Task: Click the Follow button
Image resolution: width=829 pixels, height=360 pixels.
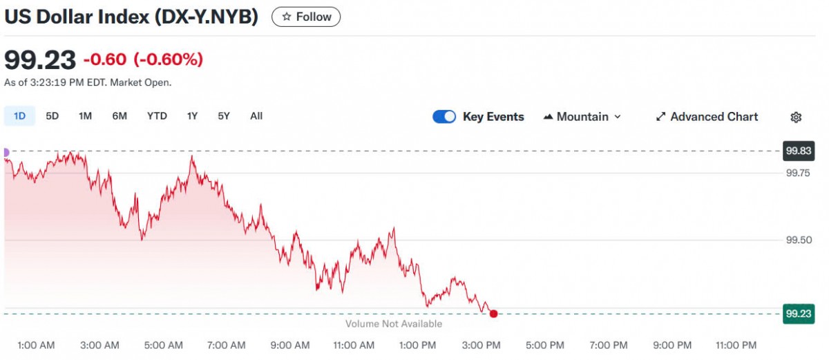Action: coord(306,17)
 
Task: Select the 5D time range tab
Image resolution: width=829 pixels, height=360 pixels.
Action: coord(53,116)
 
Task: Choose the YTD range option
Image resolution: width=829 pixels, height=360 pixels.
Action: coord(157,116)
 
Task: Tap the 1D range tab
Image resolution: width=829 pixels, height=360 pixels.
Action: coord(20,116)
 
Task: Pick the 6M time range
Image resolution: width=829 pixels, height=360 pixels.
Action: coord(120,116)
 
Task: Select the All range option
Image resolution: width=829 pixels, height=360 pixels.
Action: coord(256,116)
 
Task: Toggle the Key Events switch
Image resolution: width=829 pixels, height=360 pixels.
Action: coord(444,117)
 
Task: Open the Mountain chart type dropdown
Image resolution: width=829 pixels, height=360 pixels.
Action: coord(582,117)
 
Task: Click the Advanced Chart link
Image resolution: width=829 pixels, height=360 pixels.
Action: coord(707,117)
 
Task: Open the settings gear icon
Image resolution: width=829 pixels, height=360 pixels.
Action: coord(796,117)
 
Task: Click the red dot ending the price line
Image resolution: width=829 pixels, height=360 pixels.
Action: coord(493,314)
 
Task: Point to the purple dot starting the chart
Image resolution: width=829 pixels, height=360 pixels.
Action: coord(6,152)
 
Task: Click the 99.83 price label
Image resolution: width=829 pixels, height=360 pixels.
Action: coord(798,151)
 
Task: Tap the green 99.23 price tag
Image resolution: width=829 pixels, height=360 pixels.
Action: coord(798,314)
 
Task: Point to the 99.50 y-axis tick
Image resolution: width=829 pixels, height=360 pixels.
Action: coord(798,240)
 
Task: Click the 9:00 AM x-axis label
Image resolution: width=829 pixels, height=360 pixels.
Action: coord(290,345)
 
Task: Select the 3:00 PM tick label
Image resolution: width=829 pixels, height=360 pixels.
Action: coord(482,345)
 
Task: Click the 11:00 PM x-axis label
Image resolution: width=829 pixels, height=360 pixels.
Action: coord(736,345)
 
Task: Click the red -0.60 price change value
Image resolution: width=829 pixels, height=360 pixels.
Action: coord(105,59)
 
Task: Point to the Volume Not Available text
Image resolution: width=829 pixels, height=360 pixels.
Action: coord(394,323)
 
